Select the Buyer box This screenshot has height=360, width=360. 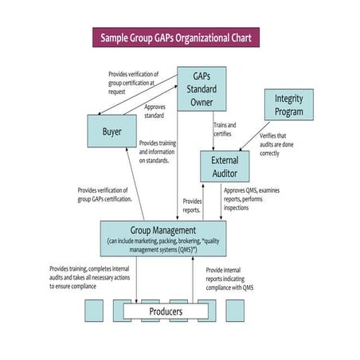113,131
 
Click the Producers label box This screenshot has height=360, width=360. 166,311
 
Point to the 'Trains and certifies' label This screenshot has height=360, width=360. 225,129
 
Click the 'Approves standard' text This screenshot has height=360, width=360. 155,111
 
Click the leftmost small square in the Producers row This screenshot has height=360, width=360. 95,311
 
